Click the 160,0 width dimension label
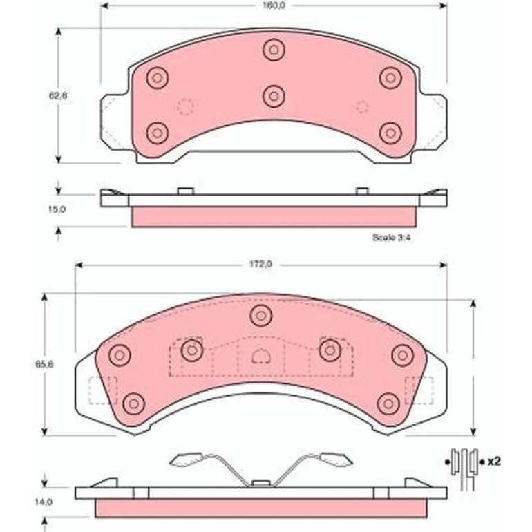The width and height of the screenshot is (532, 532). (274, 6)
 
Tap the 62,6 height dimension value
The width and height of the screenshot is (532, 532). (58, 95)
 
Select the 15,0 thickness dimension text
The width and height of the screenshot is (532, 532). (57, 209)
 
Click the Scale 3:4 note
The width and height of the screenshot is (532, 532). (392, 238)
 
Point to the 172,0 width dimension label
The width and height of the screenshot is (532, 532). (260, 265)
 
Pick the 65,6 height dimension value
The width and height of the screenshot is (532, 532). (44, 365)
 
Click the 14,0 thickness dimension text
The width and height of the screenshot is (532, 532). (44, 502)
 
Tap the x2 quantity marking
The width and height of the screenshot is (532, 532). (494, 462)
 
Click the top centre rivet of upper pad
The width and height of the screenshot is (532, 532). (274, 50)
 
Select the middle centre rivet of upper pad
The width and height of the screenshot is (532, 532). (274, 96)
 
